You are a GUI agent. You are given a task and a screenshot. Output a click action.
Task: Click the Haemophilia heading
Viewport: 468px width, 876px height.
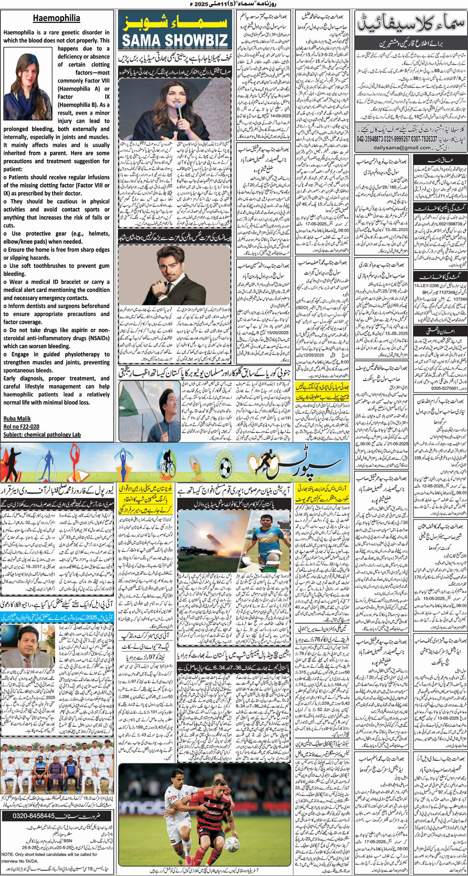(x=57, y=19)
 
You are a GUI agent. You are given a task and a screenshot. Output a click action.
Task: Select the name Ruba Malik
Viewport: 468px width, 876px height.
(x=17, y=418)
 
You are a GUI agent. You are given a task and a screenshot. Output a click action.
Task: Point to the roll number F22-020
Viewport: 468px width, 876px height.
(x=21, y=427)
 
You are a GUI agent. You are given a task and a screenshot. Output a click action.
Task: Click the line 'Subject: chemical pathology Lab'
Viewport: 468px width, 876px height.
(x=42, y=435)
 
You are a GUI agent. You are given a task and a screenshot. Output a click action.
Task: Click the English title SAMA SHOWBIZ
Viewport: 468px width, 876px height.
(x=175, y=40)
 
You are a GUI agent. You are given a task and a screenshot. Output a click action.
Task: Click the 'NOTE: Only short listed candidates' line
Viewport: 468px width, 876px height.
(x=49, y=855)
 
